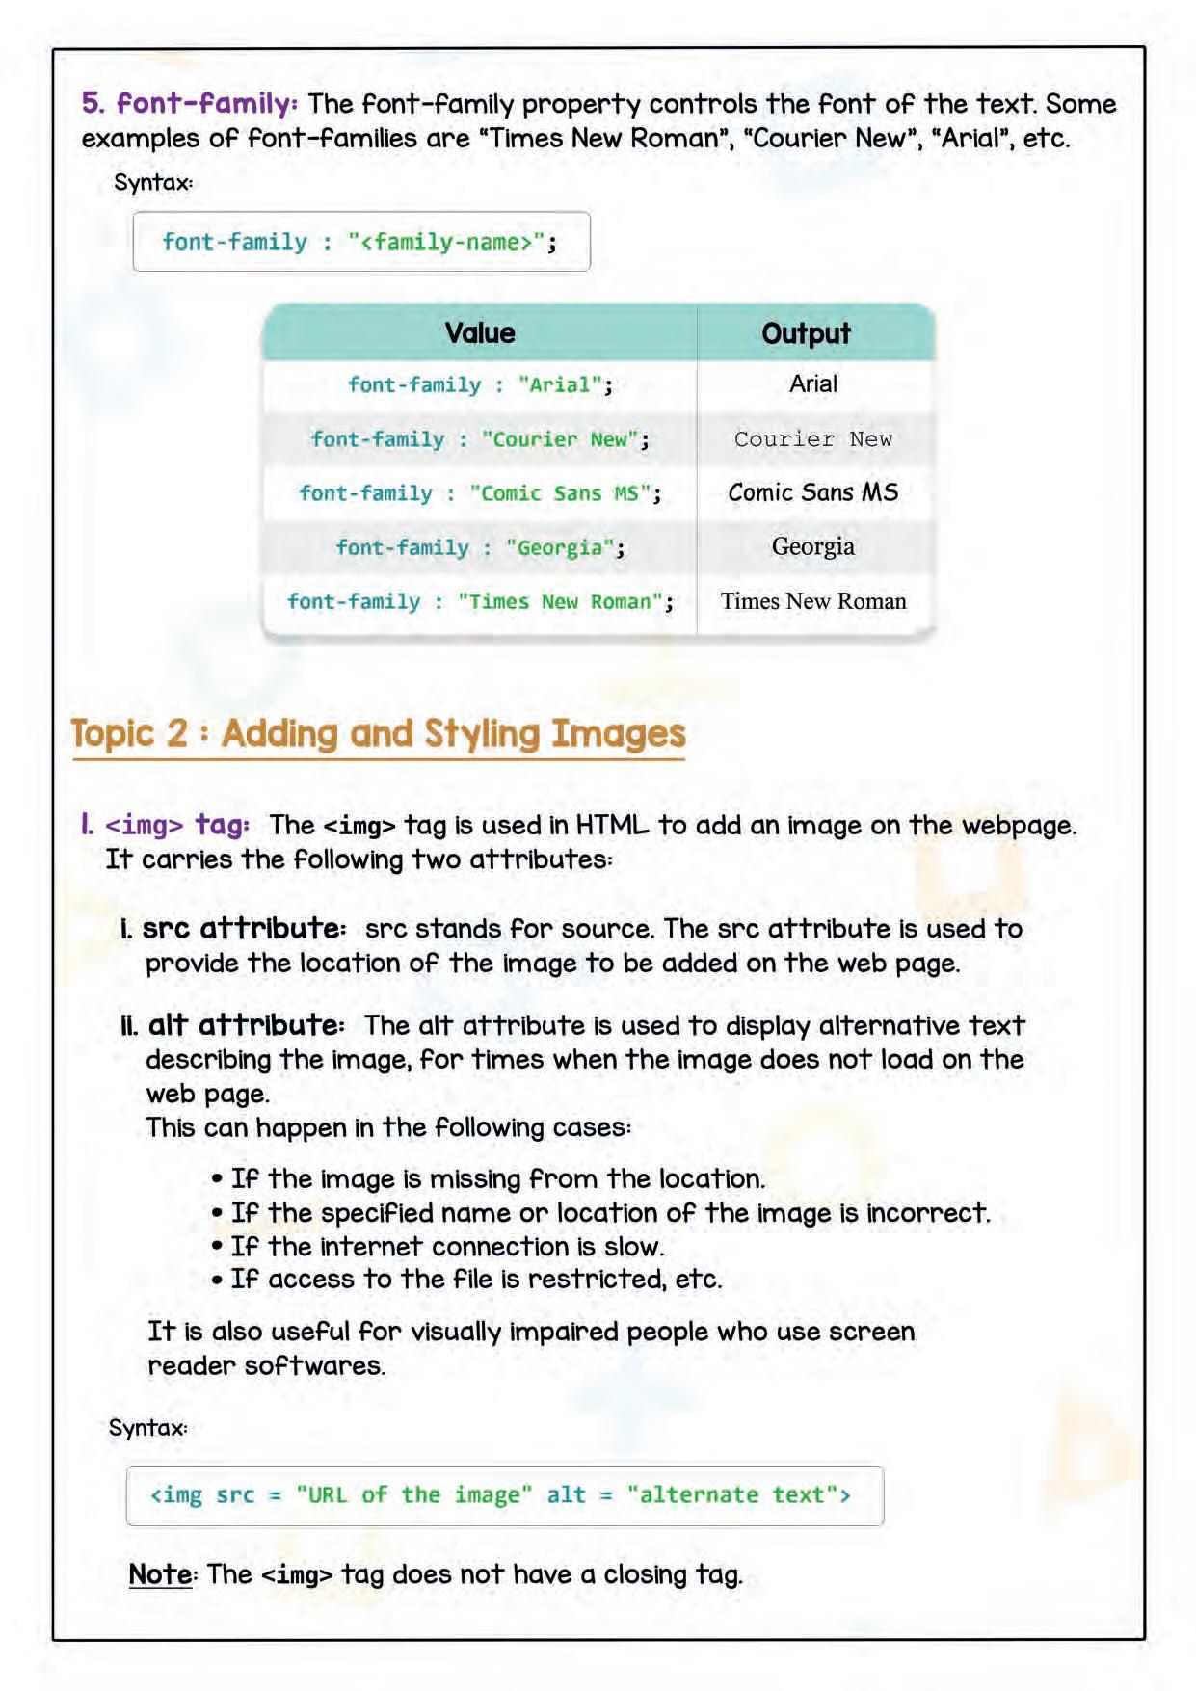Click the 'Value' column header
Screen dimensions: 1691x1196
(479, 333)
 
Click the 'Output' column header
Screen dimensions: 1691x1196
(806, 333)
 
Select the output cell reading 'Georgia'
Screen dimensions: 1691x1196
(812, 546)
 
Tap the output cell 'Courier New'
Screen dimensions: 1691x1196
(812, 439)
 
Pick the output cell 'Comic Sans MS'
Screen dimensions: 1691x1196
(812, 492)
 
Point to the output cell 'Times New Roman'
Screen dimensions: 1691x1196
(812, 601)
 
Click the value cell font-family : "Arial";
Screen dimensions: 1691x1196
(479, 385)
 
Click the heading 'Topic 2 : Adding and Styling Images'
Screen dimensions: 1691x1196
(378, 734)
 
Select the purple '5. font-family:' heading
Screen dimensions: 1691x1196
(190, 104)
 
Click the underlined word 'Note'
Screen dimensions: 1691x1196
(160, 1574)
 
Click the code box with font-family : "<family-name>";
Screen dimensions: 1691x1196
(360, 242)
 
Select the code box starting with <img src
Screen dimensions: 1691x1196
(503, 1495)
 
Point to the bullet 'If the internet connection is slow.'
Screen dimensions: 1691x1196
(447, 1247)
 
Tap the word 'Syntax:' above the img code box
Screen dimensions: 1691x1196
(148, 1428)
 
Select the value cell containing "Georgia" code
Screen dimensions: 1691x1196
(479, 547)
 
